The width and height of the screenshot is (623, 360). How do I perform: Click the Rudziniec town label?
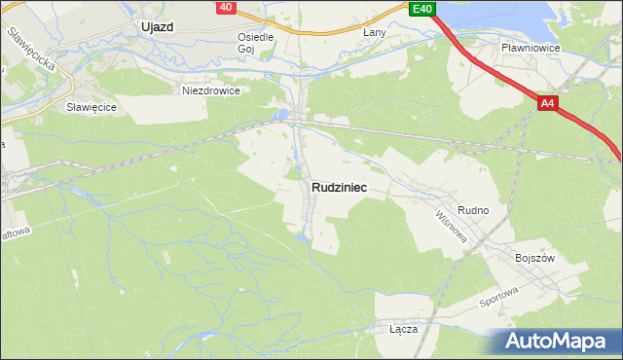[339, 188]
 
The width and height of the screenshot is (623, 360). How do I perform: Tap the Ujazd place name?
[156, 27]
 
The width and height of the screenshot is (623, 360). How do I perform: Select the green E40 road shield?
[421, 9]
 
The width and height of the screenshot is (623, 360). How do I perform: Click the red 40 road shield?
[226, 8]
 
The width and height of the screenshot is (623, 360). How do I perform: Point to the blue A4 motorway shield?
[548, 102]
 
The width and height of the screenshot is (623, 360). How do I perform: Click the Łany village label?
[375, 32]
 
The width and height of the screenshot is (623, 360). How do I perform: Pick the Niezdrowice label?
[211, 90]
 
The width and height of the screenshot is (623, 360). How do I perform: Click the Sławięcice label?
[92, 107]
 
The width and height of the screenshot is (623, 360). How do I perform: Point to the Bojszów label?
[533, 259]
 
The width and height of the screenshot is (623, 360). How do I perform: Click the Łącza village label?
[403, 329]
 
